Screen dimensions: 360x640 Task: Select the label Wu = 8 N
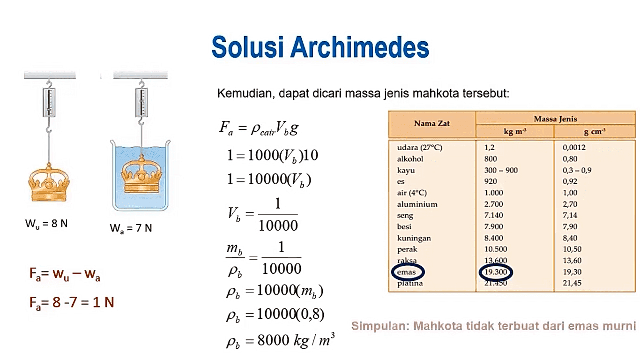[46, 224]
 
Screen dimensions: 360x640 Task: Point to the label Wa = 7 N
[131, 228]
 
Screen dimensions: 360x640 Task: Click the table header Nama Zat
[432, 124]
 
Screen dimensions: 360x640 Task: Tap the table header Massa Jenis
[555, 119]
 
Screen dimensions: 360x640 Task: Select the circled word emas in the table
[406, 272]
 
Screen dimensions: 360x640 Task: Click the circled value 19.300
[496, 272]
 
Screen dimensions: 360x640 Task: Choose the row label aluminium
[417, 204]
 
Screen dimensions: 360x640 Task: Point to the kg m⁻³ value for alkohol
[491, 159]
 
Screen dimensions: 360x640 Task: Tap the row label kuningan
[414, 238]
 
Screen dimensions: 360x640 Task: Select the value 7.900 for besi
[493, 227]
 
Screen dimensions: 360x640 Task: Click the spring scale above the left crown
[49, 101]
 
